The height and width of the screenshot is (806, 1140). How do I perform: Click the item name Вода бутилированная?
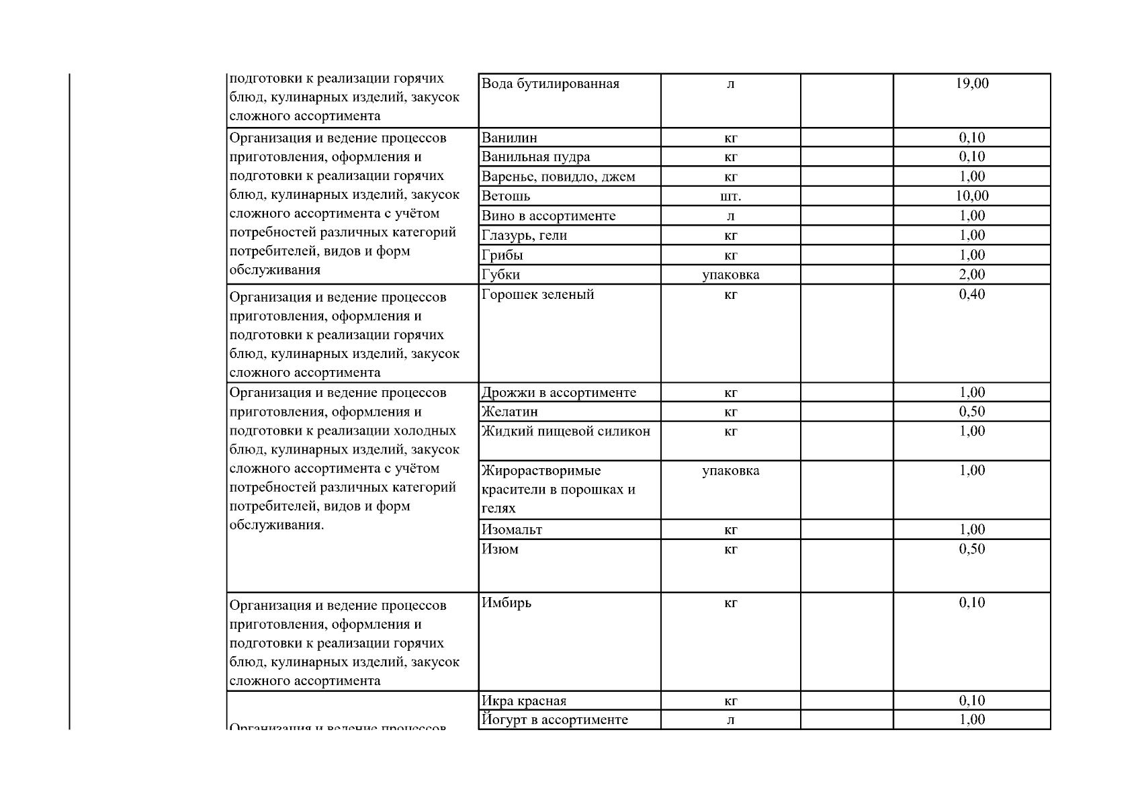(x=550, y=84)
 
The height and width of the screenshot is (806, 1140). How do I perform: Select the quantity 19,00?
(x=972, y=84)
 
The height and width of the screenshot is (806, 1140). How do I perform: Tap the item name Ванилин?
(x=509, y=138)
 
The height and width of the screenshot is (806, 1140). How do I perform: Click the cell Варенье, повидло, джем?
(x=558, y=177)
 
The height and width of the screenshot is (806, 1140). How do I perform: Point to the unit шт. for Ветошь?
(x=730, y=196)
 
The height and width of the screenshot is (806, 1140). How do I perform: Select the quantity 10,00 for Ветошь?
(x=972, y=196)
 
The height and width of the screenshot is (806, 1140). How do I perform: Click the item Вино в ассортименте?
(x=548, y=216)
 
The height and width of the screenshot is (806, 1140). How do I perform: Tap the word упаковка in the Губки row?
(x=730, y=275)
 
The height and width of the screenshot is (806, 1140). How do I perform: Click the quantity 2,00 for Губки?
(x=972, y=275)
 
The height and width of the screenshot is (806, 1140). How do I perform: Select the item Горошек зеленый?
(x=537, y=294)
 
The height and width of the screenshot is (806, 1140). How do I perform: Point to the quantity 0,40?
(x=972, y=294)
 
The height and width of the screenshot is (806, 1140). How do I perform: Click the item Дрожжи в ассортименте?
(x=558, y=392)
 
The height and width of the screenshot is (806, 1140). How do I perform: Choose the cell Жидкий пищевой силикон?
(x=566, y=431)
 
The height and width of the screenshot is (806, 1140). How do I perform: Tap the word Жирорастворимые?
(x=541, y=470)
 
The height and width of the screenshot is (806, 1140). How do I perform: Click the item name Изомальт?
(x=511, y=529)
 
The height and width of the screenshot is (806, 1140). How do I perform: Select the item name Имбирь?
(x=506, y=602)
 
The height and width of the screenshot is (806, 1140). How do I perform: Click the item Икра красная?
(x=523, y=701)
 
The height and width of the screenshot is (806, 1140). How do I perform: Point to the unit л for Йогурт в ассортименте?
(x=730, y=720)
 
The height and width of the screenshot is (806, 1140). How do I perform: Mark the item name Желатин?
(x=509, y=412)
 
